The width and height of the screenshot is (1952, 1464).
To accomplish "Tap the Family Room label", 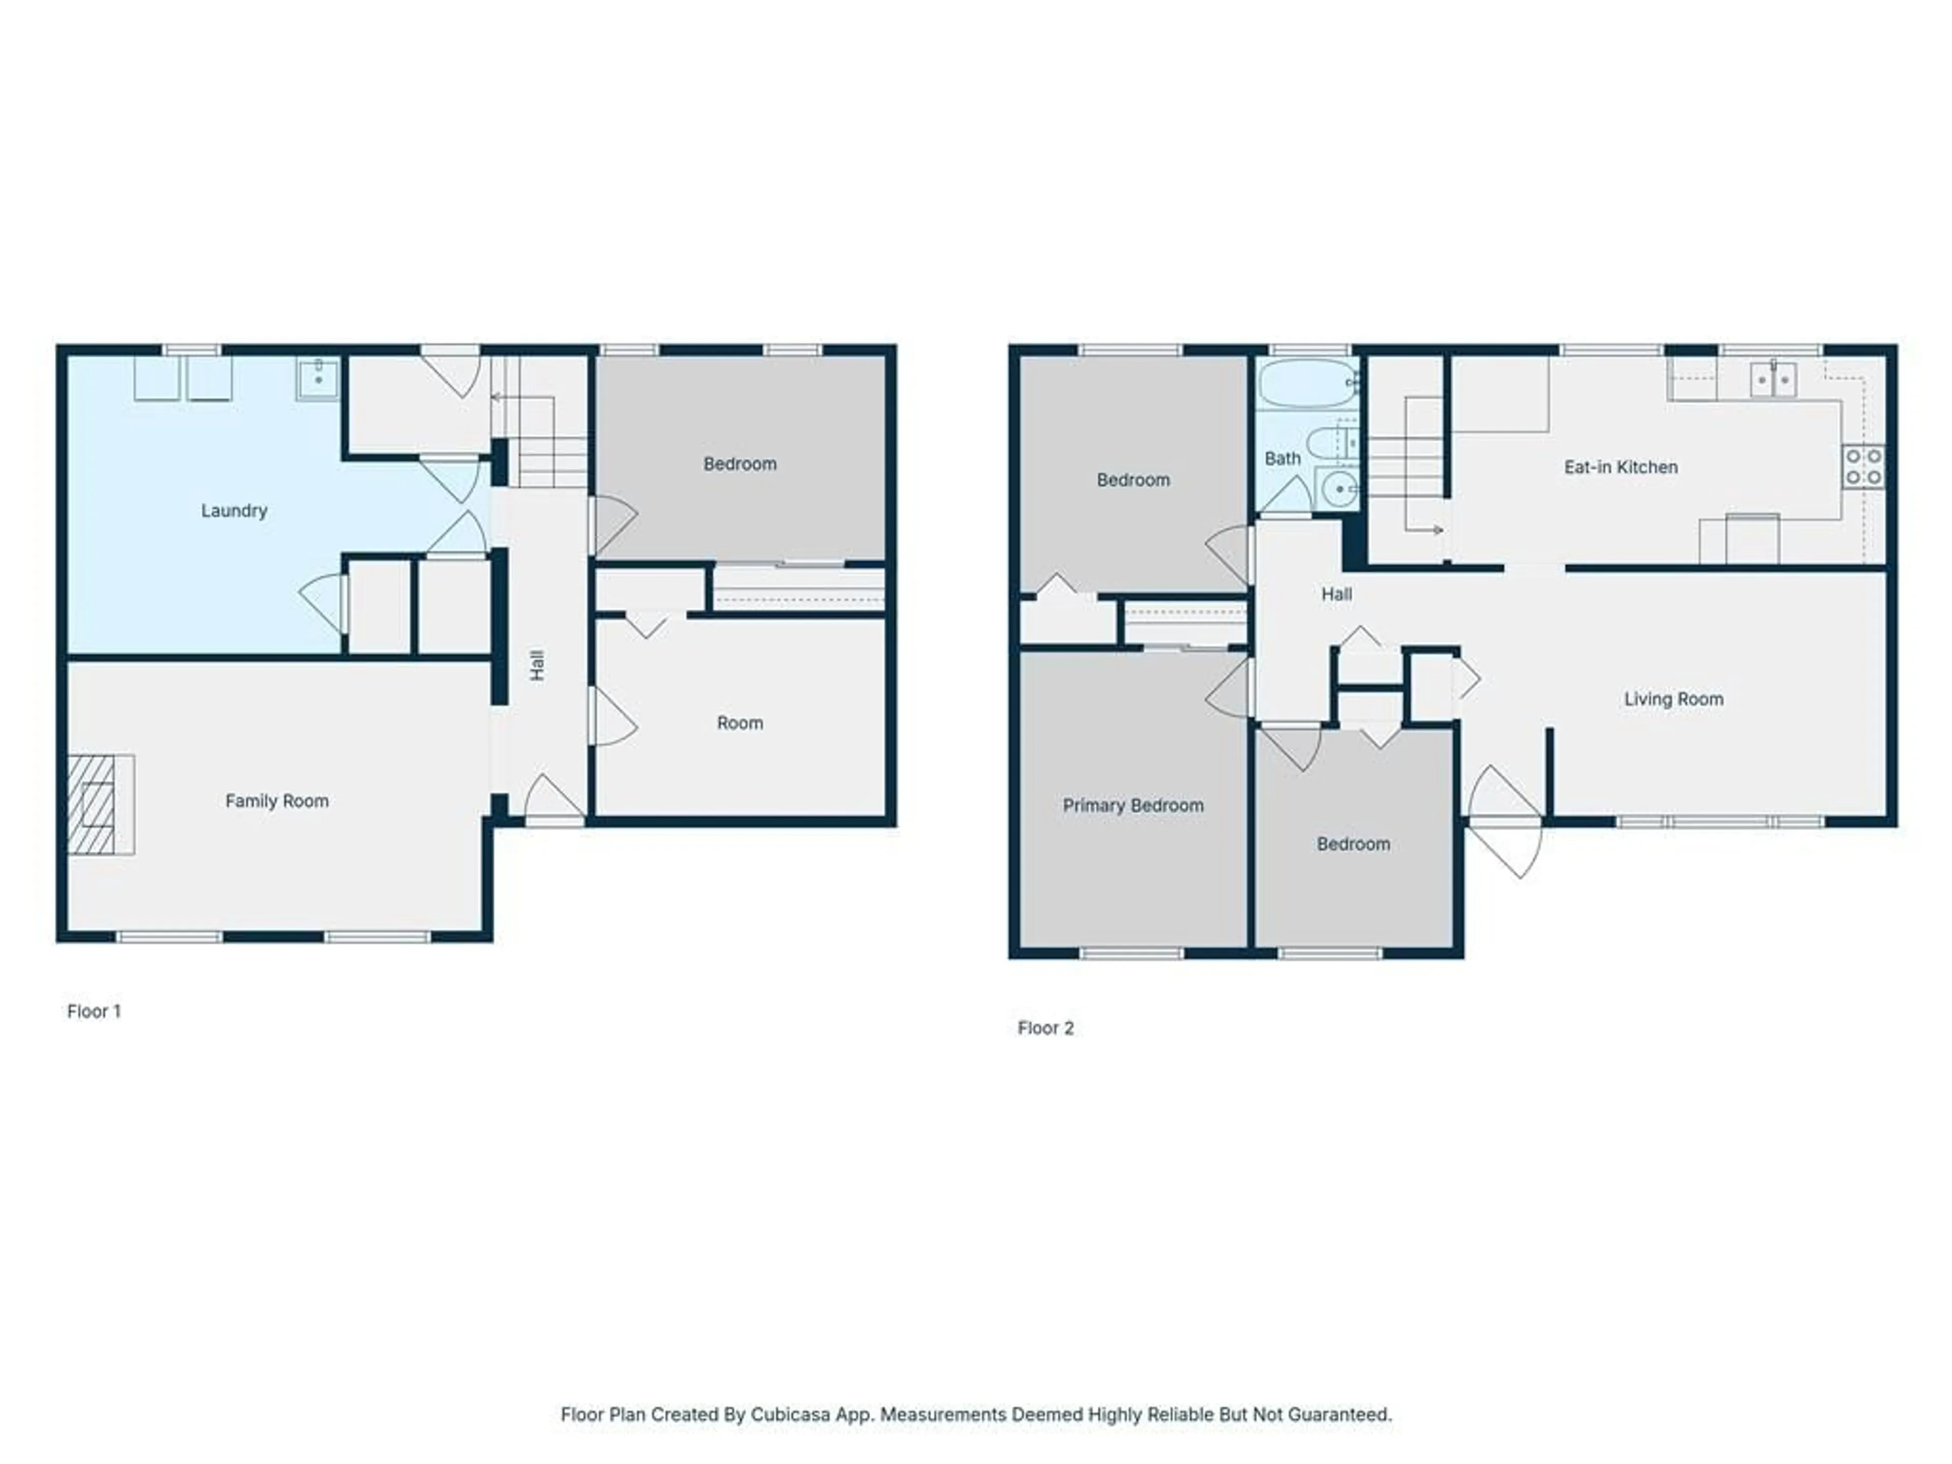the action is coord(277,801).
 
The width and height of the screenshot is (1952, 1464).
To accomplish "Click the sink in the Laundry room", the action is coord(317,379).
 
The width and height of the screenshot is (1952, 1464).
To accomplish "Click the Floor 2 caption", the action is coord(1046,1028).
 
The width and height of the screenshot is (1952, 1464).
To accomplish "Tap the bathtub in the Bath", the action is coord(1308,383).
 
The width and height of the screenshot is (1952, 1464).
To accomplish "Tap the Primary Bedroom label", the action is coord(1133,806).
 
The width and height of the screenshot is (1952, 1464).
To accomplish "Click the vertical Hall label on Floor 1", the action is coord(537,665).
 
